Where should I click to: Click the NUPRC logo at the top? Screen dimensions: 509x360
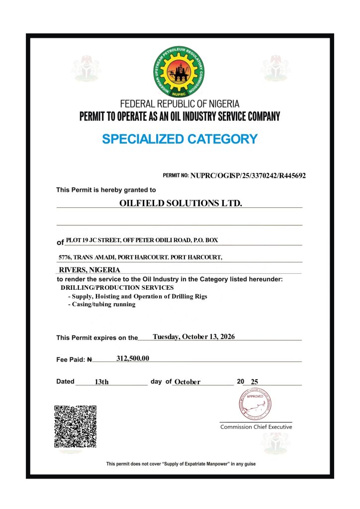coord(180,72)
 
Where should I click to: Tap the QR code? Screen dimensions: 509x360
coord(75,426)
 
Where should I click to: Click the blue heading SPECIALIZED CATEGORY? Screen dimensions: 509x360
coord(180,139)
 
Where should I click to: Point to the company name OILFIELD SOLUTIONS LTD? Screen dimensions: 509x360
coord(180,203)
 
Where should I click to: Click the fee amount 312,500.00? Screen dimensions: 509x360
coord(133,358)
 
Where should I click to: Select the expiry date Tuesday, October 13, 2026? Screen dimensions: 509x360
coord(193,337)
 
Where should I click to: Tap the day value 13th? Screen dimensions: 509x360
coord(101,382)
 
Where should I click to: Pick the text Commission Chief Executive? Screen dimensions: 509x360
coord(256,427)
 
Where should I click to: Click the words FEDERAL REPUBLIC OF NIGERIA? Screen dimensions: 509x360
coord(180,104)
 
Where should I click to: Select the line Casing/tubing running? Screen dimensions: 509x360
coord(101,304)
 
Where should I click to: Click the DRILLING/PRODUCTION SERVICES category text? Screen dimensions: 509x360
coord(117,287)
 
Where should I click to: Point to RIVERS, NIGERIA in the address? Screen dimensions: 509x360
coord(90,270)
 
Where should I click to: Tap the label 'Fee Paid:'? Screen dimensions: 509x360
coord(72,359)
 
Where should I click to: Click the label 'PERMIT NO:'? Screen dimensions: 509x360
coord(176,176)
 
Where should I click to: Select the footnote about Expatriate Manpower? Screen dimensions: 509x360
coord(181,464)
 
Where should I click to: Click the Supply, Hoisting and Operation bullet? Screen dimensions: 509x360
coord(137,296)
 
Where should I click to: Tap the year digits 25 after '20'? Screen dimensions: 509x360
coord(255,382)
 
